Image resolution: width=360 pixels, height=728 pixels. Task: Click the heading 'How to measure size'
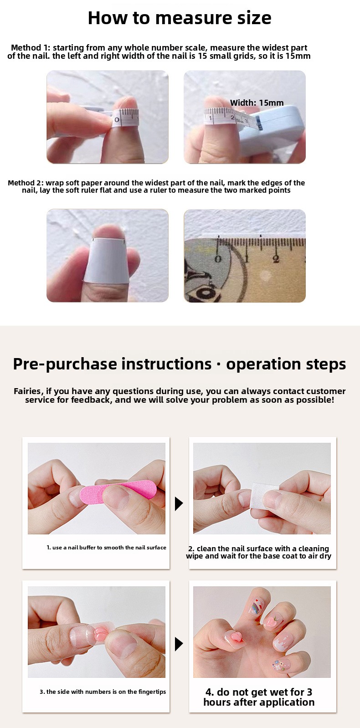[x=180, y=18]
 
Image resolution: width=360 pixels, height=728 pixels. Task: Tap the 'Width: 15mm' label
[x=257, y=103]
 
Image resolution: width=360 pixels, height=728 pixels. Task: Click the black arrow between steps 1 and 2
[x=179, y=503]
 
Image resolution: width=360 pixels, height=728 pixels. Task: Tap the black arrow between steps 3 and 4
[x=179, y=644]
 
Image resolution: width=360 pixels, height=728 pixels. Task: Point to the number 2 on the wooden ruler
[x=276, y=259]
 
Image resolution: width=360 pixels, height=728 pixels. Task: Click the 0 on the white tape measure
[x=117, y=120]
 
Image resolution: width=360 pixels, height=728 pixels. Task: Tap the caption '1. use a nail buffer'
[x=106, y=547]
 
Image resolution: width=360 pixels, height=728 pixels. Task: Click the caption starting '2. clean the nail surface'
[x=258, y=552]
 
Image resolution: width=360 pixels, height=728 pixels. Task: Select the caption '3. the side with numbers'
[x=103, y=692]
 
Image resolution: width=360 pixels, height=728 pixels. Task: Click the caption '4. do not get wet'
[x=259, y=697]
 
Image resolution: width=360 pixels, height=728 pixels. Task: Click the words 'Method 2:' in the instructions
[x=26, y=183]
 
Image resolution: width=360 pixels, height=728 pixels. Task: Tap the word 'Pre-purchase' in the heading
[x=65, y=364]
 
